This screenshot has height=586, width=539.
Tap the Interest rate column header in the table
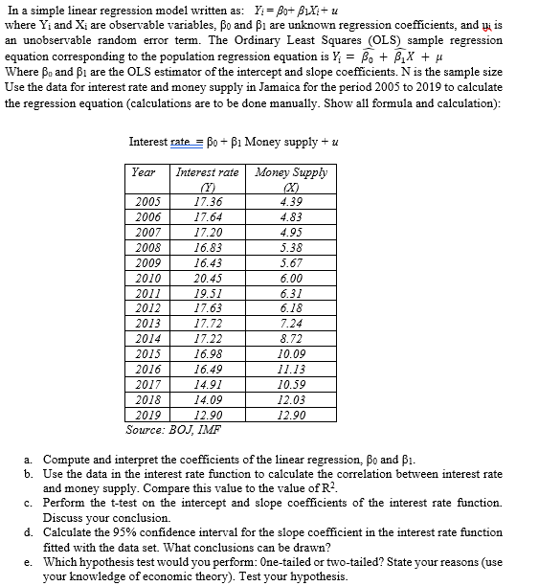click(207, 173)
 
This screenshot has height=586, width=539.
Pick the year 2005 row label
click(146, 202)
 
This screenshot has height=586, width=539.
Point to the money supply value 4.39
click(289, 202)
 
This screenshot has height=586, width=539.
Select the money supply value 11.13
click(289, 368)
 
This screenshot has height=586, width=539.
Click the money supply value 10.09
click(289, 354)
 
